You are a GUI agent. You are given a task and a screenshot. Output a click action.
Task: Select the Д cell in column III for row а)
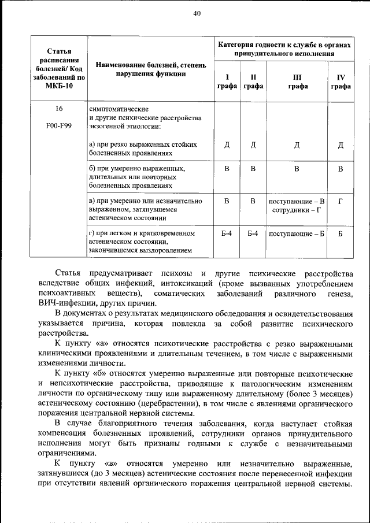tap(297, 144)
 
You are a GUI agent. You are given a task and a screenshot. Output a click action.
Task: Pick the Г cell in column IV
tap(341, 201)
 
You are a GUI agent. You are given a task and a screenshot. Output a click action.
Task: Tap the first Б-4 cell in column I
tap(227, 233)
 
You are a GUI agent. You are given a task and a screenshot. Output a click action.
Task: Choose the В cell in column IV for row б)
tap(341, 169)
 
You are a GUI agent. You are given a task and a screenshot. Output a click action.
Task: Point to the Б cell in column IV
tap(341, 233)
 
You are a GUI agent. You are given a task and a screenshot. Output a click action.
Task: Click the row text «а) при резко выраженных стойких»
tap(143, 144)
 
